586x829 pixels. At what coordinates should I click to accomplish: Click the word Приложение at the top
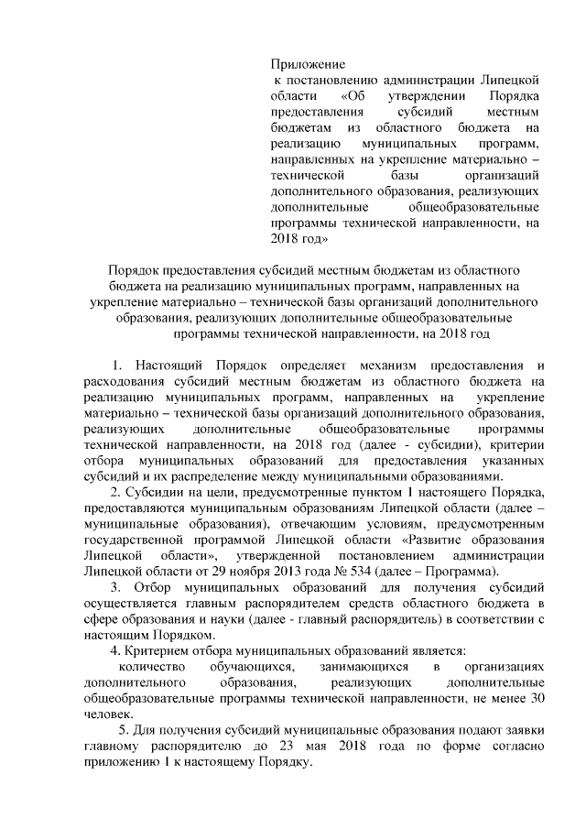pos(308,64)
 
